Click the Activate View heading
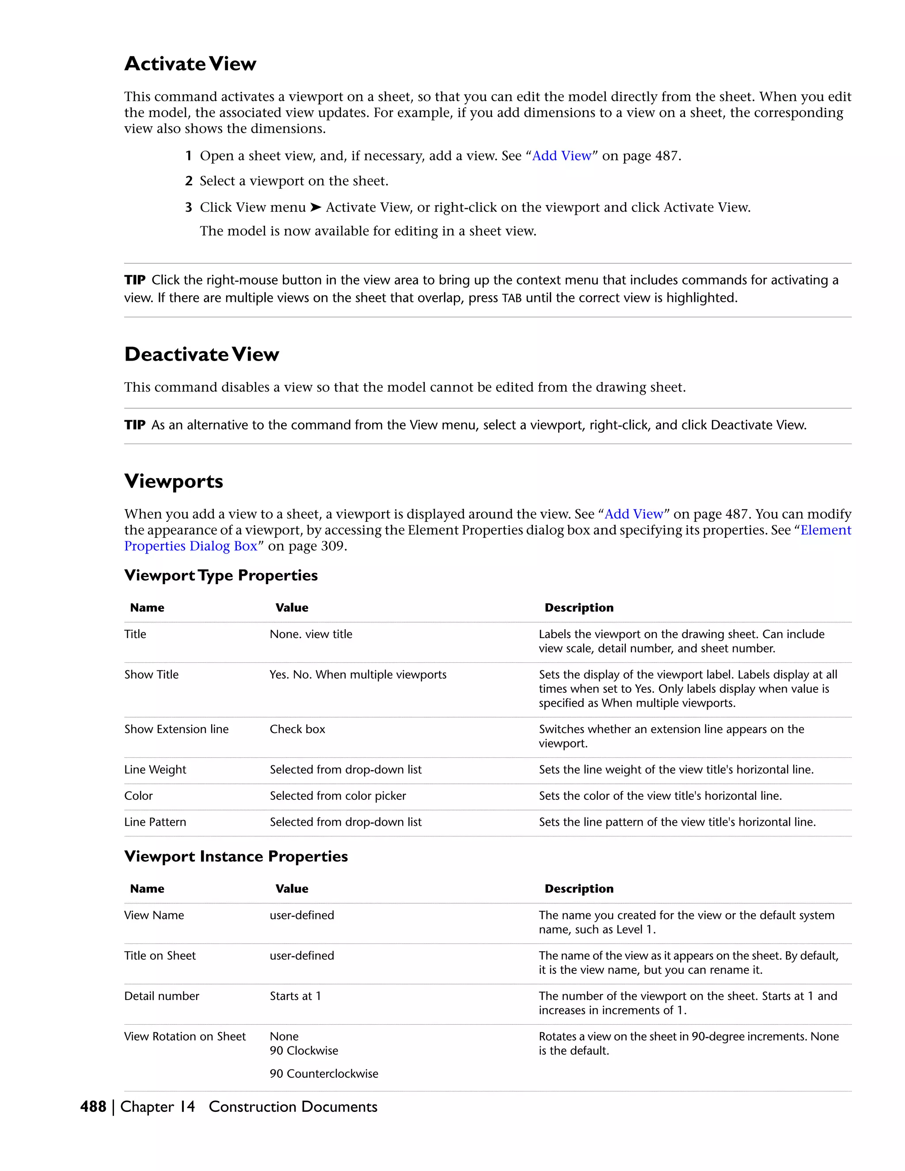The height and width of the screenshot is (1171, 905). click(x=190, y=64)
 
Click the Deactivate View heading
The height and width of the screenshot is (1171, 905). click(x=202, y=354)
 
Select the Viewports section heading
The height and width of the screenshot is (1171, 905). click(x=174, y=481)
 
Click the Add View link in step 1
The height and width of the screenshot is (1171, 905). click(x=561, y=156)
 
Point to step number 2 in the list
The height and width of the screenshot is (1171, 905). click(x=189, y=181)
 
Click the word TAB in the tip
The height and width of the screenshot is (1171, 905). click(x=511, y=299)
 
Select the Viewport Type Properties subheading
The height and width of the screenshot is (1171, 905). click(x=221, y=575)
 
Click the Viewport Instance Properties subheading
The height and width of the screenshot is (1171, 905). click(x=236, y=856)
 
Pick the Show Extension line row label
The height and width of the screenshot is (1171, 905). click(x=176, y=729)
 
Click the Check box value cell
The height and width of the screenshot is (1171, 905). click(x=297, y=729)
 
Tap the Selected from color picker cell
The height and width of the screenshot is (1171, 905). click(x=338, y=796)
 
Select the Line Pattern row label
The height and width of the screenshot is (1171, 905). click(x=155, y=822)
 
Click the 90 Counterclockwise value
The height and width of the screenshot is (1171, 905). click(x=324, y=1073)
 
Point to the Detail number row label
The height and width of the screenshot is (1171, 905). click(x=161, y=996)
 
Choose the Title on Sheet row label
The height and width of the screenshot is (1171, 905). click(x=160, y=955)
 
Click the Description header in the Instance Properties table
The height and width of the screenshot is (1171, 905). click(x=579, y=889)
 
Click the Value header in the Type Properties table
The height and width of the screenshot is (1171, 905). click(x=292, y=608)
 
